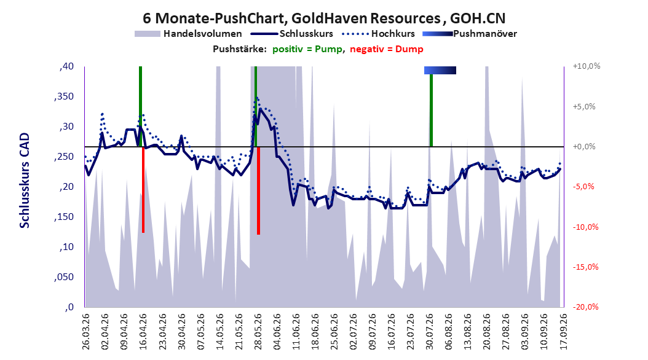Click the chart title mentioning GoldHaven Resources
click(x=324, y=18)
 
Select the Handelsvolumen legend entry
click(x=188, y=34)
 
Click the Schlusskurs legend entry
click(x=292, y=34)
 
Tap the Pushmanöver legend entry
click(x=470, y=34)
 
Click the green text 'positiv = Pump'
click(x=307, y=49)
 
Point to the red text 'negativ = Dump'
click(x=387, y=49)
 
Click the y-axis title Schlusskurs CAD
click(x=25, y=181)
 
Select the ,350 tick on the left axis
click(x=64, y=96)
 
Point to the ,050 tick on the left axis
click(x=64, y=277)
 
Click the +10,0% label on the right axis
click(x=587, y=66)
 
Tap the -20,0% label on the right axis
click(x=585, y=307)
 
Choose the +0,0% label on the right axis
click(x=584, y=147)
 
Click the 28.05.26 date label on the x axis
click(x=258, y=332)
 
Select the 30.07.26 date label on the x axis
click(x=430, y=332)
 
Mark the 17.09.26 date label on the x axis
click(x=564, y=332)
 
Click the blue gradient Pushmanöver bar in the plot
click(x=440, y=71)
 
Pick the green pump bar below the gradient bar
click(x=431, y=111)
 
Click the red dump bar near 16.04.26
click(x=143, y=190)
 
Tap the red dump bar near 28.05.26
click(x=258, y=190)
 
